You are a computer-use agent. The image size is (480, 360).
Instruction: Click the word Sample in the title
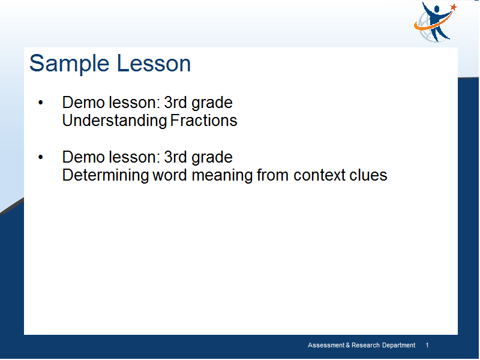(69, 64)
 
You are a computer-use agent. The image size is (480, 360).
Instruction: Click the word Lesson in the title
(154, 64)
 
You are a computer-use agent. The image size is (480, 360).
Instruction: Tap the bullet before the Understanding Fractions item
(41, 103)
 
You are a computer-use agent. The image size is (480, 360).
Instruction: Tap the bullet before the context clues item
(41, 157)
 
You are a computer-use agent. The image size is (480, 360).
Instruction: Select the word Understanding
(115, 121)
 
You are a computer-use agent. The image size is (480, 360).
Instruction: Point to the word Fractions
(203, 121)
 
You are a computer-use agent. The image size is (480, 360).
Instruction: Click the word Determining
(106, 175)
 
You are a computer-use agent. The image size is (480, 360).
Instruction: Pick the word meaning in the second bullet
(224, 176)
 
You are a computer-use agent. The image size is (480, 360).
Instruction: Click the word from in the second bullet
(273, 175)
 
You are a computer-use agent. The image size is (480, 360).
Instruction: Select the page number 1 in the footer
(427, 346)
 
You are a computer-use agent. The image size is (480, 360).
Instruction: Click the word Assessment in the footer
(326, 346)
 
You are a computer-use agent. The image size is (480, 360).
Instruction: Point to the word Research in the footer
(365, 346)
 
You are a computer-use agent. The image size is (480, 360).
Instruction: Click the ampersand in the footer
(348, 346)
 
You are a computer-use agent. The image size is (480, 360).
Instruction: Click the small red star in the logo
(454, 7)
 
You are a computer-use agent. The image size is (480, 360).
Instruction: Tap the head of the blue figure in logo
(436, 9)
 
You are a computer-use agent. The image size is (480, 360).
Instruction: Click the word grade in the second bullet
(212, 158)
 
